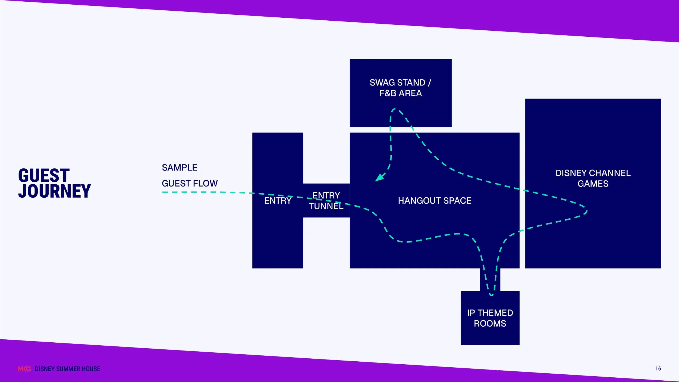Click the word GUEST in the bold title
pyautogui.click(x=44, y=175)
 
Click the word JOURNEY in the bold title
pyautogui.click(x=54, y=191)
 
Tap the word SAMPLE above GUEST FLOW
pyautogui.click(x=180, y=168)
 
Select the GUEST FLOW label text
pyautogui.click(x=190, y=183)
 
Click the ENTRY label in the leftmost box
pyautogui.click(x=278, y=201)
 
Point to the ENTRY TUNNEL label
pyautogui.click(x=326, y=201)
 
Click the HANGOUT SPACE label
pyautogui.click(x=435, y=201)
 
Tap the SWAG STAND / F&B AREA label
pyautogui.click(x=401, y=88)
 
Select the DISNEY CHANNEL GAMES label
pyautogui.click(x=593, y=178)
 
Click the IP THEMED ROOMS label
pyautogui.click(x=490, y=318)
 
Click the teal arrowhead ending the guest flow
pyautogui.click(x=379, y=178)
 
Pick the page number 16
pyautogui.click(x=658, y=368)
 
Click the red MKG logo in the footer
pyautogui.click(x=24, y=369)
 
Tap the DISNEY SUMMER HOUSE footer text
pyautogui.click(x=67, y=369)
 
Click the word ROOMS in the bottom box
pyautogui.click(x=490, y=323)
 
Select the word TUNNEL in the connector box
pyautogui.click(x=326, y=206)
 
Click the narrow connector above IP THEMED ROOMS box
pyautogui.click(x=490, y=280)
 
